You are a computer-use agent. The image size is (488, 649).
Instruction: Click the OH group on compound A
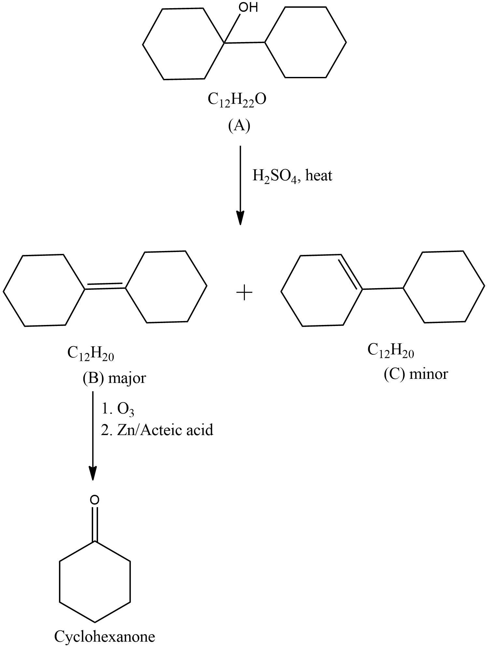pyautogui.click(x=248, y=7)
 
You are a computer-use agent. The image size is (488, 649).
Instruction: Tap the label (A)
pyautogui.click(x=239, y=125)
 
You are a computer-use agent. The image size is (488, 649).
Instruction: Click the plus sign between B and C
pyautogui.click(x=244, y=292)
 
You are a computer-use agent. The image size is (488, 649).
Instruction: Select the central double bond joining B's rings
pyautogui.click(x=105, y=286)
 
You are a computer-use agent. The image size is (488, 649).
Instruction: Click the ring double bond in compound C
pyautogui.click(x=350, y=272)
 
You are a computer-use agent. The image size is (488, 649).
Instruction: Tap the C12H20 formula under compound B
pyautogui.click(x=91, y=353)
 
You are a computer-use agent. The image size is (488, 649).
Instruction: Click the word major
pyautogui.click(x=127, y=378)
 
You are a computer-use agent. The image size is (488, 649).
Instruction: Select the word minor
pyautogui.click(x=428, y=374)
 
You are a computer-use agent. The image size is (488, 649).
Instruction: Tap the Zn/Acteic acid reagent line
pyautogui.click(x=157, y=430)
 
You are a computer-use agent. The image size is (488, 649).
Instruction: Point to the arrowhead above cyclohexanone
pyautogui.click(x=93, y=473)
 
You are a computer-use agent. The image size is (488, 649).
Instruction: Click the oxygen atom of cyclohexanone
pyautogui.click(x=94, y=500)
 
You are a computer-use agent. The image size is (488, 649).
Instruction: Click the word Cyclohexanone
pyautogui.click(x=105, y=636)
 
